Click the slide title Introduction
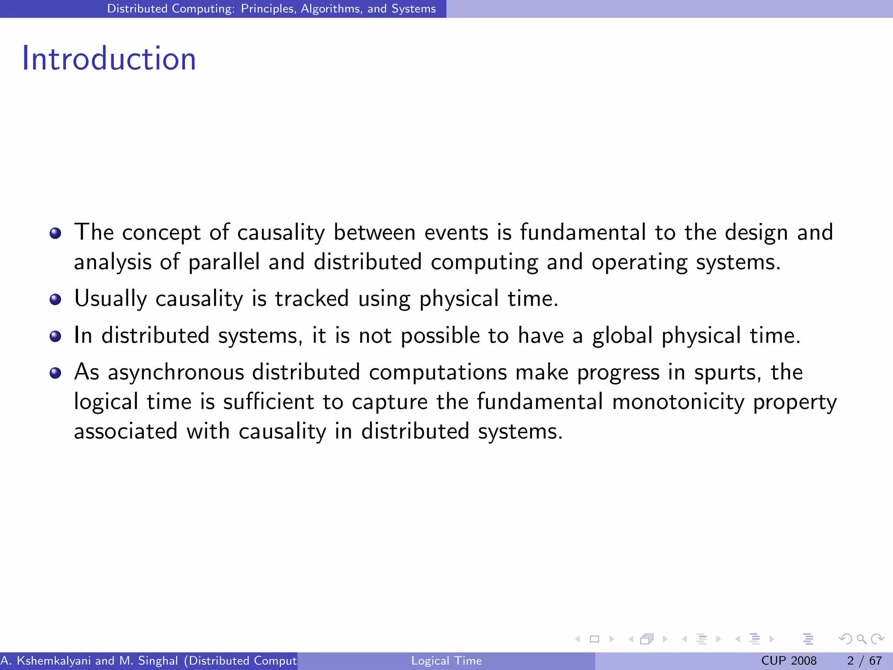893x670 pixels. tap(109, 58)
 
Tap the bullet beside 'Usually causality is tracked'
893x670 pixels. tap(55, 299)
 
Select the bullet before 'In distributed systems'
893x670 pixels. tap(55, 336)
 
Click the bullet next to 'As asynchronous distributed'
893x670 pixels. tap(55, 373)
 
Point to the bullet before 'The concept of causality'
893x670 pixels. tap(55, 233)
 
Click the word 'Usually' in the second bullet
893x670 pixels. tap(110, 299)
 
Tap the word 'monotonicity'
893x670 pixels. tap(678, 402)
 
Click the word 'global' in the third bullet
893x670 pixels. tap(622, 336)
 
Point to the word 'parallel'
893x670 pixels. tap(224, 263)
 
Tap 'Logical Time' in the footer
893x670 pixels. tap(446, 661)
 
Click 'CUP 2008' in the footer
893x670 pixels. tap(789, 661)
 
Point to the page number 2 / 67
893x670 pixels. tap(864, 661)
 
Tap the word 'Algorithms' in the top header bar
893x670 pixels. tap(331, 9)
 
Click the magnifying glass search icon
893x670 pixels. tap(861, 639)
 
